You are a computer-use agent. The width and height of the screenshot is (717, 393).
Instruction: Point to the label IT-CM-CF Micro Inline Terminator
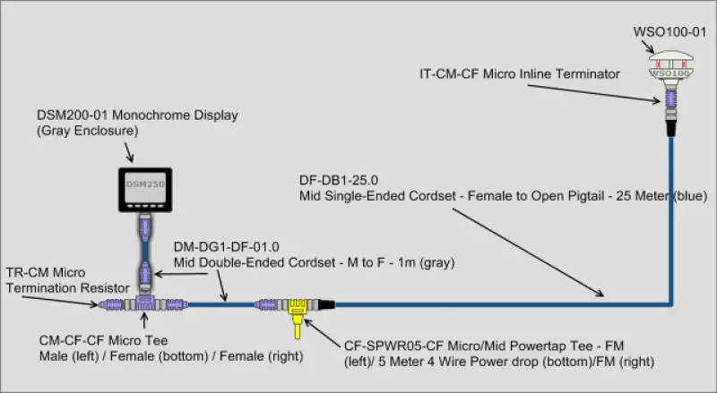coord(520,74)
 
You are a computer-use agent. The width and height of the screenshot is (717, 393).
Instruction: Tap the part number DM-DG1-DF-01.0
coord(216,248)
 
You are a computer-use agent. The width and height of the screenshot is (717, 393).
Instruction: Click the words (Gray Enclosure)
coord(82,132)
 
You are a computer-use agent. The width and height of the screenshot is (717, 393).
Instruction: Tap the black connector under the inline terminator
coord(669,125)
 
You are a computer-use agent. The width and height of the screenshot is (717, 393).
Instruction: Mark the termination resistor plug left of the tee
coord(114,304)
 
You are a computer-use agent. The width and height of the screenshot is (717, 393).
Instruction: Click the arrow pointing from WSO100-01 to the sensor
coord(668,44)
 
